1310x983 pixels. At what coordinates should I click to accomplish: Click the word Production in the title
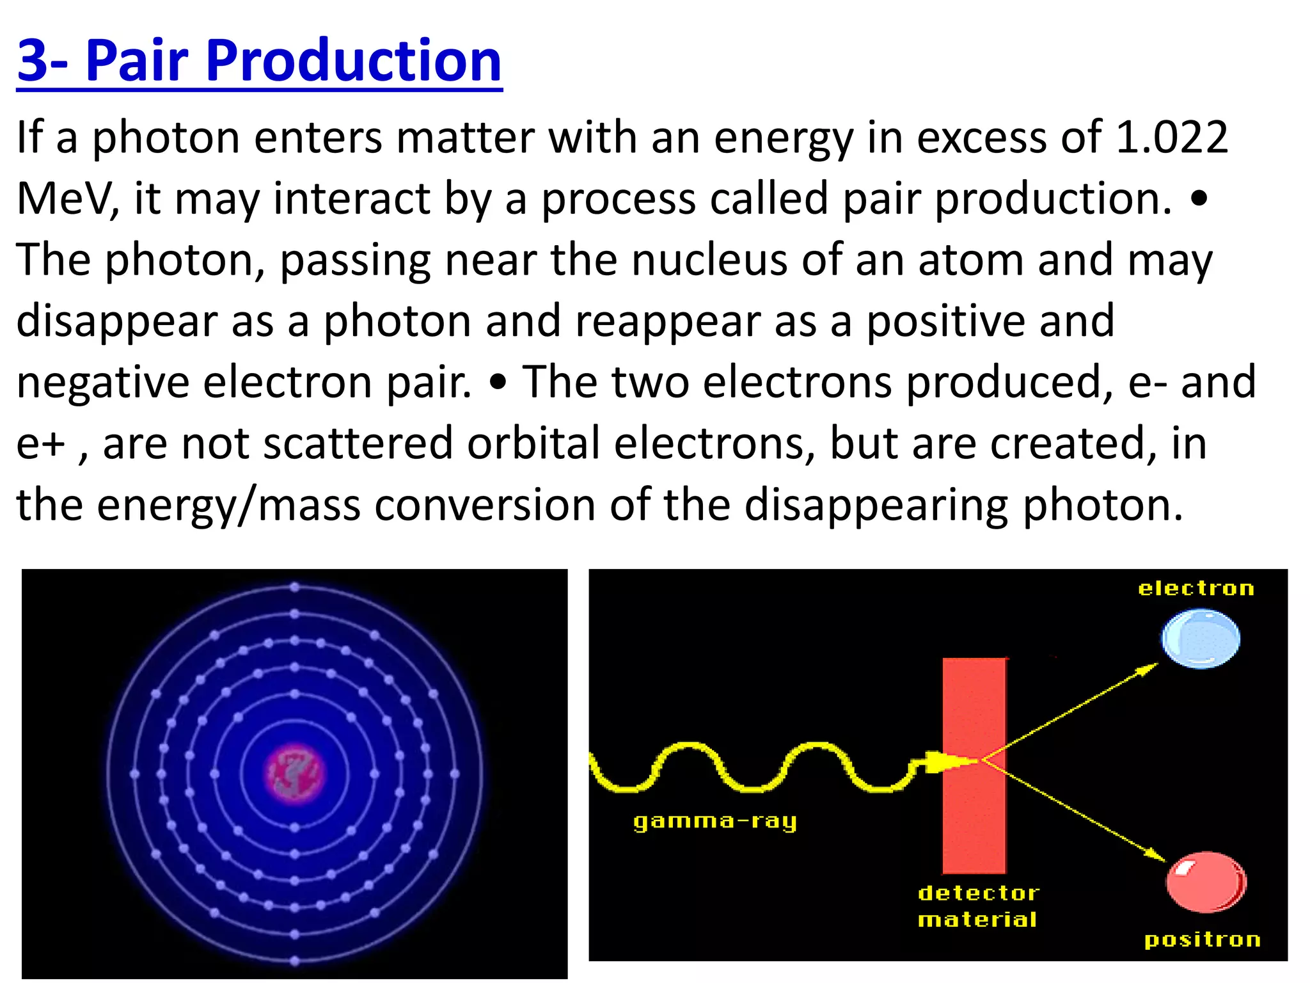pos(353,61)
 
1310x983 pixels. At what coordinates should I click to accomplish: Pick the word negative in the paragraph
pos(102,383)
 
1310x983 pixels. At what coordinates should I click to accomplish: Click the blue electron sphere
pos(1200,639)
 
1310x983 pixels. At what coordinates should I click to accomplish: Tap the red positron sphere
pos(1205,883)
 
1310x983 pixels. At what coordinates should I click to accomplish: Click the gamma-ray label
pos(714,821)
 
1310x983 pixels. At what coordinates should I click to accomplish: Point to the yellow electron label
pos(1196,589)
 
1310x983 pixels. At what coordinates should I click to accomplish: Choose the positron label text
pos(1202,939)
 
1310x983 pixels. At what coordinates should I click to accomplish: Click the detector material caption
pos(978,906)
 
